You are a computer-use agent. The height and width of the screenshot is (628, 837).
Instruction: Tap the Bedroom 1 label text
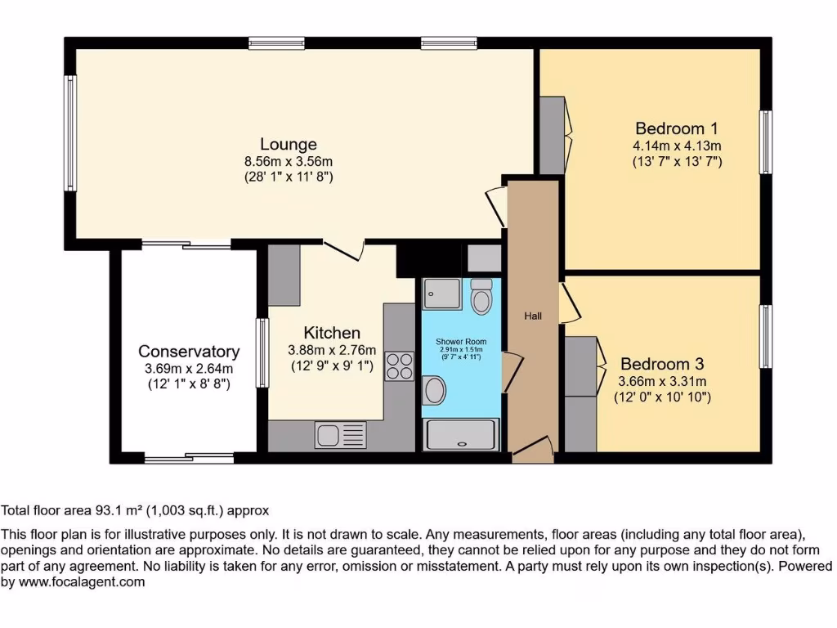(677, 128)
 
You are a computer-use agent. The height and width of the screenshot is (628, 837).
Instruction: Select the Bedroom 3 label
(662, 364)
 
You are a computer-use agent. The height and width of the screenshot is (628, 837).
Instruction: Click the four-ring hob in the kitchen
(398, 365)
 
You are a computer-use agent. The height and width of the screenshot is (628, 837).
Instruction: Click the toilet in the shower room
(481, 297)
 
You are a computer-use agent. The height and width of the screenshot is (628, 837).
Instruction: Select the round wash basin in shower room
(434, 390)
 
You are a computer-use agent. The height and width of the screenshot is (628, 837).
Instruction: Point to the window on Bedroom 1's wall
(765, 141)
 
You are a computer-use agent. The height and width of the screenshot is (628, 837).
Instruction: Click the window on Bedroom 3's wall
(765, 336)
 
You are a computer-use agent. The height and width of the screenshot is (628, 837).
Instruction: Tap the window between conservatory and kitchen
(263, 352)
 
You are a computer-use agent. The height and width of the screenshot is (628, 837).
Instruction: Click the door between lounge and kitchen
(343, 250)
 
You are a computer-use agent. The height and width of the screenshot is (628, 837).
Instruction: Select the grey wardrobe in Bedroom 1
(553, 136)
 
